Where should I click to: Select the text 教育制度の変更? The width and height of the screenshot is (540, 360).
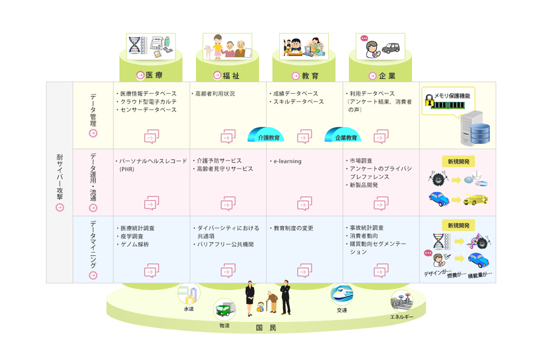pos(293,228)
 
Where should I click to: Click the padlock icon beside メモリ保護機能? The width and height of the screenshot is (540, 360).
pos(429,101)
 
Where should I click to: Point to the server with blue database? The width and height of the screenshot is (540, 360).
pos(475,127)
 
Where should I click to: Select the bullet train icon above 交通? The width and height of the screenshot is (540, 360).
pos(341,295)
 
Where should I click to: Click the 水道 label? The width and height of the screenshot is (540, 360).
pos(188,309)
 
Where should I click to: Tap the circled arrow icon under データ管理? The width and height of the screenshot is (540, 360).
pos(93,134)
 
